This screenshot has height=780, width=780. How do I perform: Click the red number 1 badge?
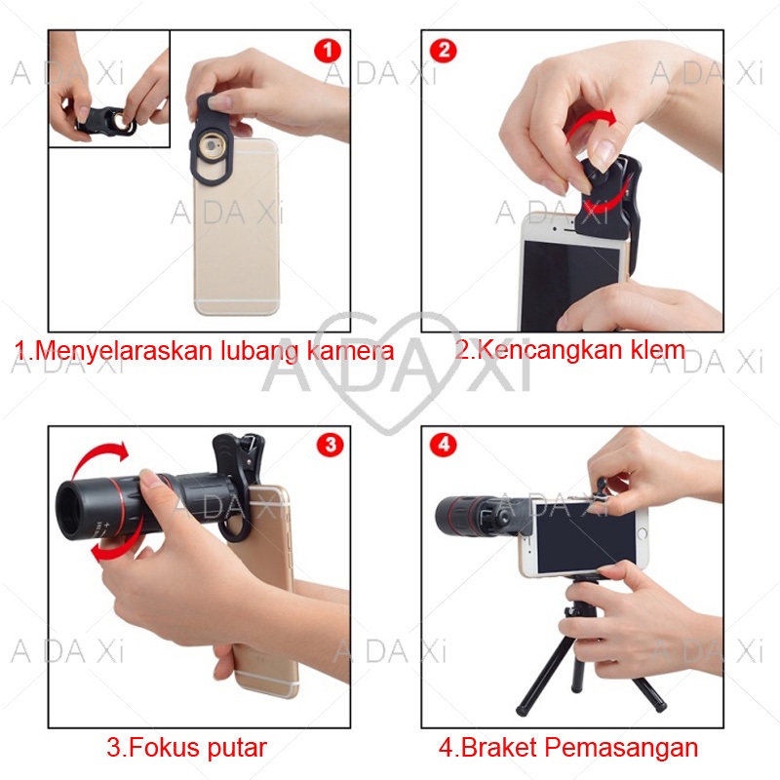pos(328,51)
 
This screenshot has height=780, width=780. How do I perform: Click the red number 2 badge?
pos(443,51)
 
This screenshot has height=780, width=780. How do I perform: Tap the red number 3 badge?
pos(331,445)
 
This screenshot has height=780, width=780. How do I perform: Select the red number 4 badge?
pos(444,445)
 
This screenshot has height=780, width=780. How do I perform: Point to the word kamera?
pos(350,350)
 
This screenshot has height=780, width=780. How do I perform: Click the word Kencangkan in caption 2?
pos(550,351)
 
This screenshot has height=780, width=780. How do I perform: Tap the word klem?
pos(658,349)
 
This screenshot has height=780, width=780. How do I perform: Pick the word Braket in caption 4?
pos(499,747)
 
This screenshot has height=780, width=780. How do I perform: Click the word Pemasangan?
pos(621,749)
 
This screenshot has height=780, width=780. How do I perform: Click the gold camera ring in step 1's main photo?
pos(213,147)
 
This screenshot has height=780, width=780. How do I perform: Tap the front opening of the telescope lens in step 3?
pos(69,511)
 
